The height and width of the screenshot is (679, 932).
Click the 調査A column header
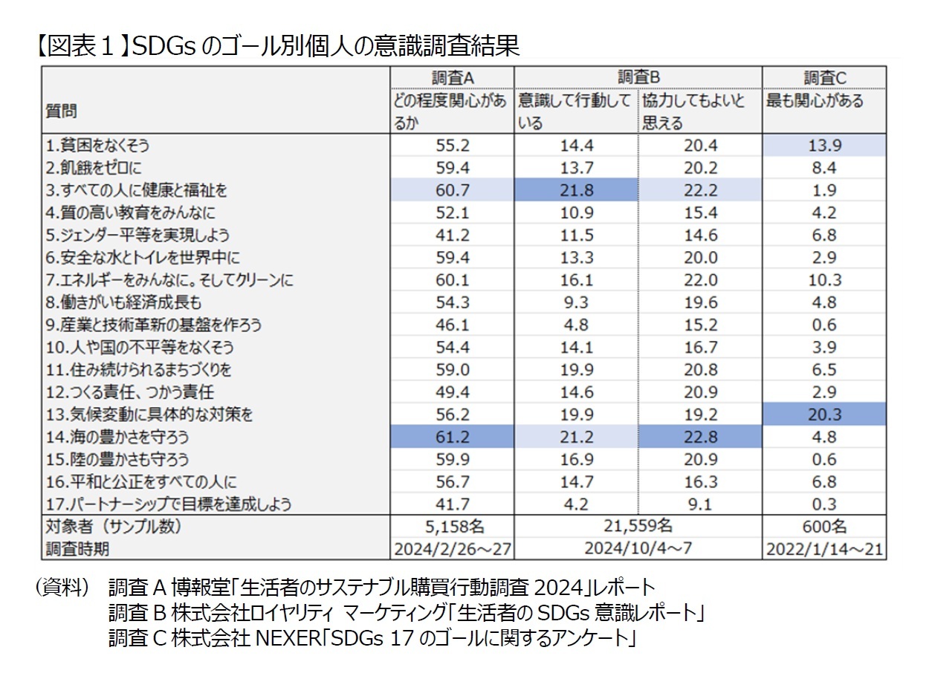pyautogui.click(x=452, y=77)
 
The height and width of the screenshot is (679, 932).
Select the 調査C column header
pyautogui.click(x=824, y=77)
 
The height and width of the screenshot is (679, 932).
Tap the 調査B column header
pyautogui.click(x=638, y=77)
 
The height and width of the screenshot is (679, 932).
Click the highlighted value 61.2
pyautogui.click(x=452, y=436)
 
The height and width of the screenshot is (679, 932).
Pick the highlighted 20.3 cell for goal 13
pyautogui.click(x=824, y=414)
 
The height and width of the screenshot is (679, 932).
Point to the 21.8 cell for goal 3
pyautogui.click(x=576, y=190)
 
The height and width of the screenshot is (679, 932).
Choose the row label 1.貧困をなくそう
pyautogui.click(x=97, y=146)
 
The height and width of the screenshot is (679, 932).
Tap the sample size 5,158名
pyautogui.click(x=452, y=527)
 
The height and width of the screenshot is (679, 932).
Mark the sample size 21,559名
pyautogui.click(x=638, y=526)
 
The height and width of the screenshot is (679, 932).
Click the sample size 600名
pyautogui.click(x=824, y=527)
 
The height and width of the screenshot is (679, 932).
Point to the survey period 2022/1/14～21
pyautogui.click(x=824, y=549)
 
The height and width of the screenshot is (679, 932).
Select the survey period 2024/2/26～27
pyautogui.click(x=452, y=549)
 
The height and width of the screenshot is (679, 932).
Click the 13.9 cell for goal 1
pyautogui.click(x=824, y=146)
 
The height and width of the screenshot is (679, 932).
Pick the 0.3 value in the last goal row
pyautogui.click(x=824, y=504)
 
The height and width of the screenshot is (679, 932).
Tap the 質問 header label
pyautogui.click(x=62, y=111)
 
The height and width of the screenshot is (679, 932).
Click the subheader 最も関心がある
pyautogui.click(x=815, y=101)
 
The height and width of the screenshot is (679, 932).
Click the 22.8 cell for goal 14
pyautogui.click(x=700, y=436)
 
